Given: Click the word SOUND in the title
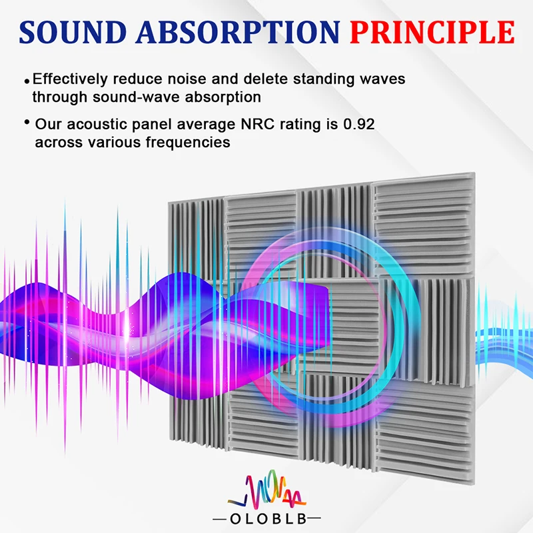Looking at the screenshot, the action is click(73, 32).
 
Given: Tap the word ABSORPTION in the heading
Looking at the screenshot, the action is click(238, 32).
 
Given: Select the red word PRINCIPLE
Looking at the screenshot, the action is click(432, 32).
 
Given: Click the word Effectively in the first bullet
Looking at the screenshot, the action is click(70, 79).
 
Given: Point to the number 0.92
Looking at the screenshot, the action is click(359, 124).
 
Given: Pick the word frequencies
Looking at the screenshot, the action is click(188, 143).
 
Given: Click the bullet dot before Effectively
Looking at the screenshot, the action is click(27, 81).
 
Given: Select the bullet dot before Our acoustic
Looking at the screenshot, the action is click(27, 122).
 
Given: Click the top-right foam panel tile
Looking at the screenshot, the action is click(423, 225).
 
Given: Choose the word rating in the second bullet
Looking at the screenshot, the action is click(300, 125).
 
